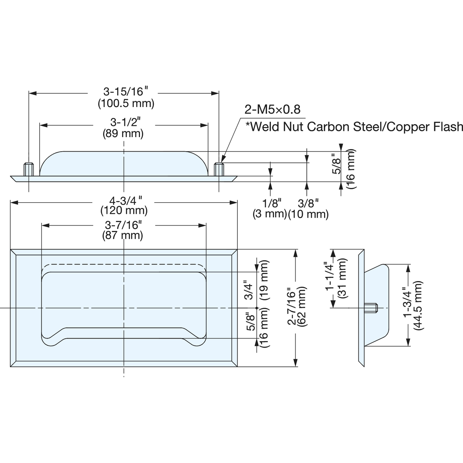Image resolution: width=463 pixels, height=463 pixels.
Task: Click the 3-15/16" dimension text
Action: (x=126, y=92)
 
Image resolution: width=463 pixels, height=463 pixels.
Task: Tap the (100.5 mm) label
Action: (x=126, y=103)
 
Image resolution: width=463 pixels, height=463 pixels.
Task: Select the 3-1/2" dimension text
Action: (x=125, y=122)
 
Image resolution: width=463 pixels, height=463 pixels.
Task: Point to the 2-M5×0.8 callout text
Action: (x=272, y=110)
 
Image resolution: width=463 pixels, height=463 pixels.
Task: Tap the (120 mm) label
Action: (x=124, y=211)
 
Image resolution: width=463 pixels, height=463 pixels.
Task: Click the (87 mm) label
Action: (x=123, y=235)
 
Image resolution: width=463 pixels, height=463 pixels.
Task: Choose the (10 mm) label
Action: (x=308, y=214)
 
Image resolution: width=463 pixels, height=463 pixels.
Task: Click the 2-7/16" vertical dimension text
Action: (x=292, y=307)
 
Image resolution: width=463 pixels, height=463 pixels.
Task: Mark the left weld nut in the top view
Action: (x=29, y=169)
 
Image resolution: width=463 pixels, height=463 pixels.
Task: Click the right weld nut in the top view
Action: (x=219, y=169)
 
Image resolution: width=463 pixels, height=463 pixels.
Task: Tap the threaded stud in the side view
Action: (x=371, y=308)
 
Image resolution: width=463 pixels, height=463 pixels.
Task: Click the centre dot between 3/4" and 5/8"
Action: (x=256, y=308)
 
